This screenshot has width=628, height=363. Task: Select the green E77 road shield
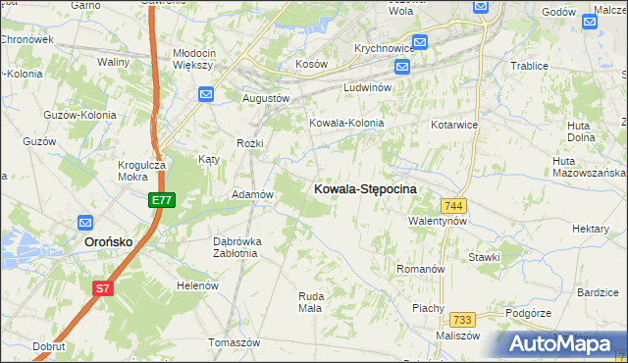click(162, 200)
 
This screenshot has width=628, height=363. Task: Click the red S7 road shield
click(103, 288)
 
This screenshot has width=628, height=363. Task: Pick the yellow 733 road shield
click(463, 320)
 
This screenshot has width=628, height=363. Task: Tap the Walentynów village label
click(438, 221)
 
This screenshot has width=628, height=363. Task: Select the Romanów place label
click(420, 268)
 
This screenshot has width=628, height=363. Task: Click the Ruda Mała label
click(310, 301)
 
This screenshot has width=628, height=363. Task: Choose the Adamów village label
click(251, 194)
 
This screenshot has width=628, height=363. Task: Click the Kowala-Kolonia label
click(345, 124)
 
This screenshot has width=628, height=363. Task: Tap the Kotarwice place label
click(454, 126)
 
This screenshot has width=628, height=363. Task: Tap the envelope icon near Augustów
click(205, 94)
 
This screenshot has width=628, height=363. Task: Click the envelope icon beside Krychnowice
click(419, 42)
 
